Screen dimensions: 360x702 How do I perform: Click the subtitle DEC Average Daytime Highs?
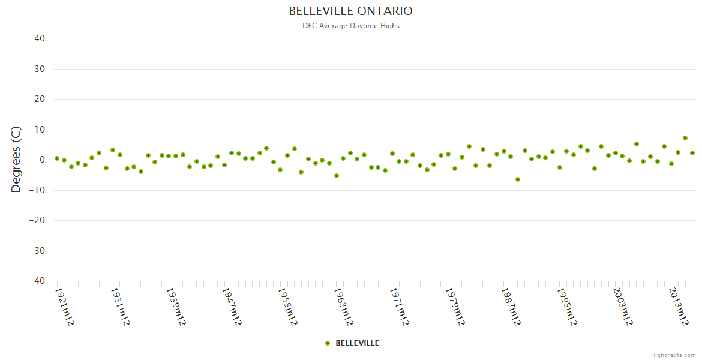[350, 26]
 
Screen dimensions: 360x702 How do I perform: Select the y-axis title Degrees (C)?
[16, 160]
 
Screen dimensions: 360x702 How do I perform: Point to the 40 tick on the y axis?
[40, 38]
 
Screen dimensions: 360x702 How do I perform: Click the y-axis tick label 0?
[42, 160]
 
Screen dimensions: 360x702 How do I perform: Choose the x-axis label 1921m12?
[65, 307]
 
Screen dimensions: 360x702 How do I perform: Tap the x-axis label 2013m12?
[679, 307]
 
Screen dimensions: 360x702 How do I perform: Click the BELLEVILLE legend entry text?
[357, 343]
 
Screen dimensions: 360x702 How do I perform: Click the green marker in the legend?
[328, 343]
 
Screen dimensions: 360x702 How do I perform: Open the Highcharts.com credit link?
[673, 355]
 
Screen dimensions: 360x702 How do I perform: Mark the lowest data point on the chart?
[518, 179]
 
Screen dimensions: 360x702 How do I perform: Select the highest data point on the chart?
[685, 138]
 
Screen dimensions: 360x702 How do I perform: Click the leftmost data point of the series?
[57, 158]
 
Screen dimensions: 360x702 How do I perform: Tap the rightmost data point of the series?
[692, 153]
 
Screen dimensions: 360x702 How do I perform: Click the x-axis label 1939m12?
[176, 307]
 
